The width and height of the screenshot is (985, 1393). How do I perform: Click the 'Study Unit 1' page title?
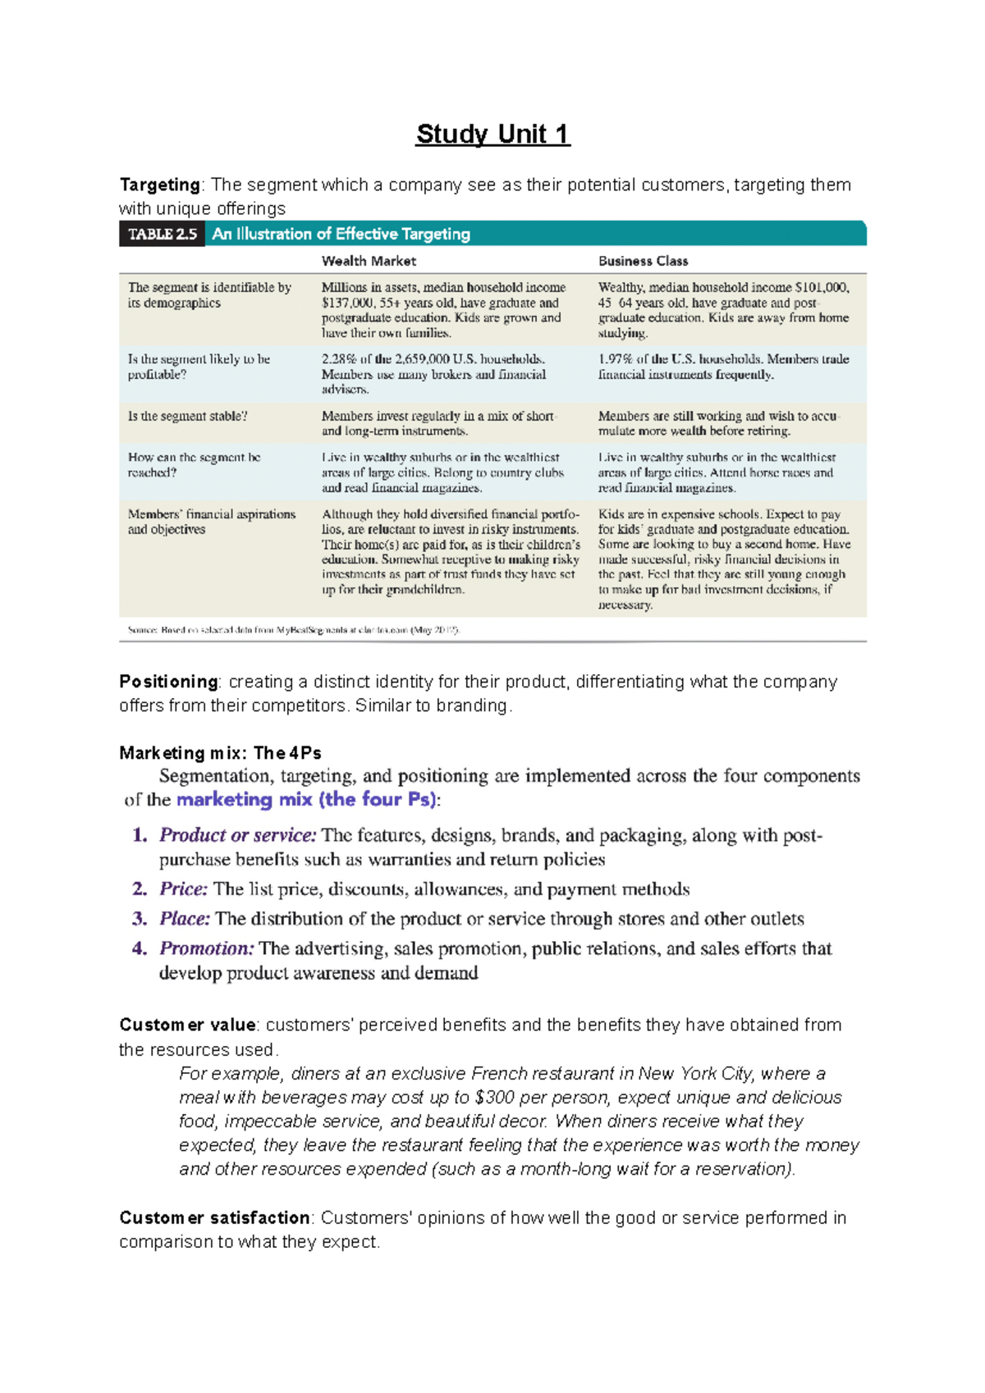point(492,134)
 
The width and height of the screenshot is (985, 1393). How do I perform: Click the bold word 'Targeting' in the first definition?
point(159,185)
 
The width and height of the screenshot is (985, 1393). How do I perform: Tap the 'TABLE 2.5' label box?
point(163,234)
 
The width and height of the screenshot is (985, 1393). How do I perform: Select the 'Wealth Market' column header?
point(369,261)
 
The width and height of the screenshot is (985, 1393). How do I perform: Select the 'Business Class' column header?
point(643,261)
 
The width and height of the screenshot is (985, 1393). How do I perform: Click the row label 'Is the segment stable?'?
point(187,416)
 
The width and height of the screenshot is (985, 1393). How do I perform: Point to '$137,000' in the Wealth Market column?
point(347,303)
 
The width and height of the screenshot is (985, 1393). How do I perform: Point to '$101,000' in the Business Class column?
point(822,288)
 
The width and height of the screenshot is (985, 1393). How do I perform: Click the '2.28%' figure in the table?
point(338,359)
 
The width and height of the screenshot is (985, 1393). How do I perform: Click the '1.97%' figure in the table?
point(615,359)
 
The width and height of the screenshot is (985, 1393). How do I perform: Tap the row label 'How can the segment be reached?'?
point(194,464)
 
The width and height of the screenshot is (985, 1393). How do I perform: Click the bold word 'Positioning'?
point(168,682)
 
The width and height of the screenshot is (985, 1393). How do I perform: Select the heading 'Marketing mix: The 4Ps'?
point(220,753)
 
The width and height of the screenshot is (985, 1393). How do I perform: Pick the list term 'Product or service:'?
point(237,835)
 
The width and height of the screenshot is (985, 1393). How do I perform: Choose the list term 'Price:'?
point(184,889)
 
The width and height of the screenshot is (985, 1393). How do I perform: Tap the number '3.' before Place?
point(140,919)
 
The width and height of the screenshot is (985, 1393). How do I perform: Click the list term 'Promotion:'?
point(206,948)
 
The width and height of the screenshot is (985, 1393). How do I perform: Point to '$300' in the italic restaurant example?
point(495,1098)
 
